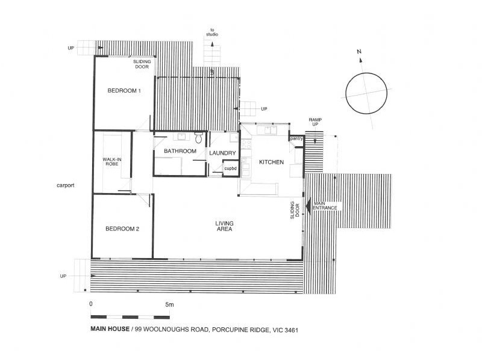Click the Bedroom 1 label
coord(124,91)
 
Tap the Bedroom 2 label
coord(122,229)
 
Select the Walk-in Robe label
coord(112,162)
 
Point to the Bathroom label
coord(180,151)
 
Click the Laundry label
coord(222,153)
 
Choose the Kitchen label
coord(272,162)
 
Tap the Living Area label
coord(224,226)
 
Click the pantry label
coord(296,139)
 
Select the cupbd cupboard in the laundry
coord(231,168)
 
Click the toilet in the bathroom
coord(198,138)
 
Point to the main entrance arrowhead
coord(308,206)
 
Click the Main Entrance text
coord(325,206)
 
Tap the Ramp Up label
coord(315,122)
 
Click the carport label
coord(66,185)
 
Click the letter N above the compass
coord(359,52)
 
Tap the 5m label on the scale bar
coord(170,305)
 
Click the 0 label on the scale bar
coord(91,304)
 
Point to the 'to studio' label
coord(212,32)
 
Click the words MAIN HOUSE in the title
coord(110,329)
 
